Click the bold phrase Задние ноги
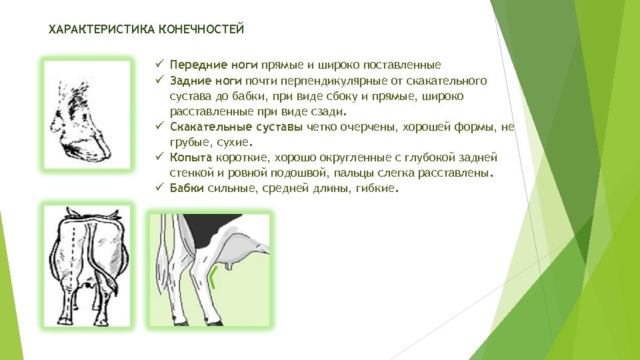coord(205,81)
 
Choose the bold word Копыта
coord(190,157)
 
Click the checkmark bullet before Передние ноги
coord(160,65)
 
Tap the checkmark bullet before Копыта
coord(160,157)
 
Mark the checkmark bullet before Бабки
coord(160,188)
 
